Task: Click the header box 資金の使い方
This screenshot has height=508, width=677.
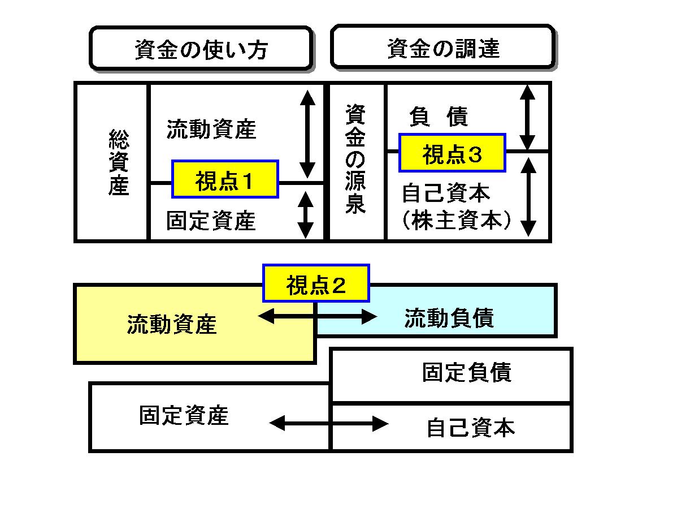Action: click(201, 49)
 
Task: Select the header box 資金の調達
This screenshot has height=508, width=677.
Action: click(442, 48)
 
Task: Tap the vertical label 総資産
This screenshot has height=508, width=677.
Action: click(118, 162)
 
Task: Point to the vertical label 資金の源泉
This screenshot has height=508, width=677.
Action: click(356, 160)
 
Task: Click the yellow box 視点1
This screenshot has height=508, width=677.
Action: click(225, 179)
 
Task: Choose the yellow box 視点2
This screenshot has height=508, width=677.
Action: click(315, 283)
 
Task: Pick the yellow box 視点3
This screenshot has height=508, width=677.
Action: click(452, 153)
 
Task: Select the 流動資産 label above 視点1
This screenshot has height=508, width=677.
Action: click(211, 130)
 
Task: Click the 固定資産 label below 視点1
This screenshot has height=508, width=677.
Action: click(211, 221)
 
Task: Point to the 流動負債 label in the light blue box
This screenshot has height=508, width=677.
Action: click(449, 318)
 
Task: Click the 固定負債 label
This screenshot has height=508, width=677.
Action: click(467, 373)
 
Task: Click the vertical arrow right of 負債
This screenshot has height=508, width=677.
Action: click(527, 117)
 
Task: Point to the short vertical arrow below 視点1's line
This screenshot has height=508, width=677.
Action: click(305, 214)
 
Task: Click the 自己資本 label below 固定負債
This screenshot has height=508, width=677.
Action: click(470, 428)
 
